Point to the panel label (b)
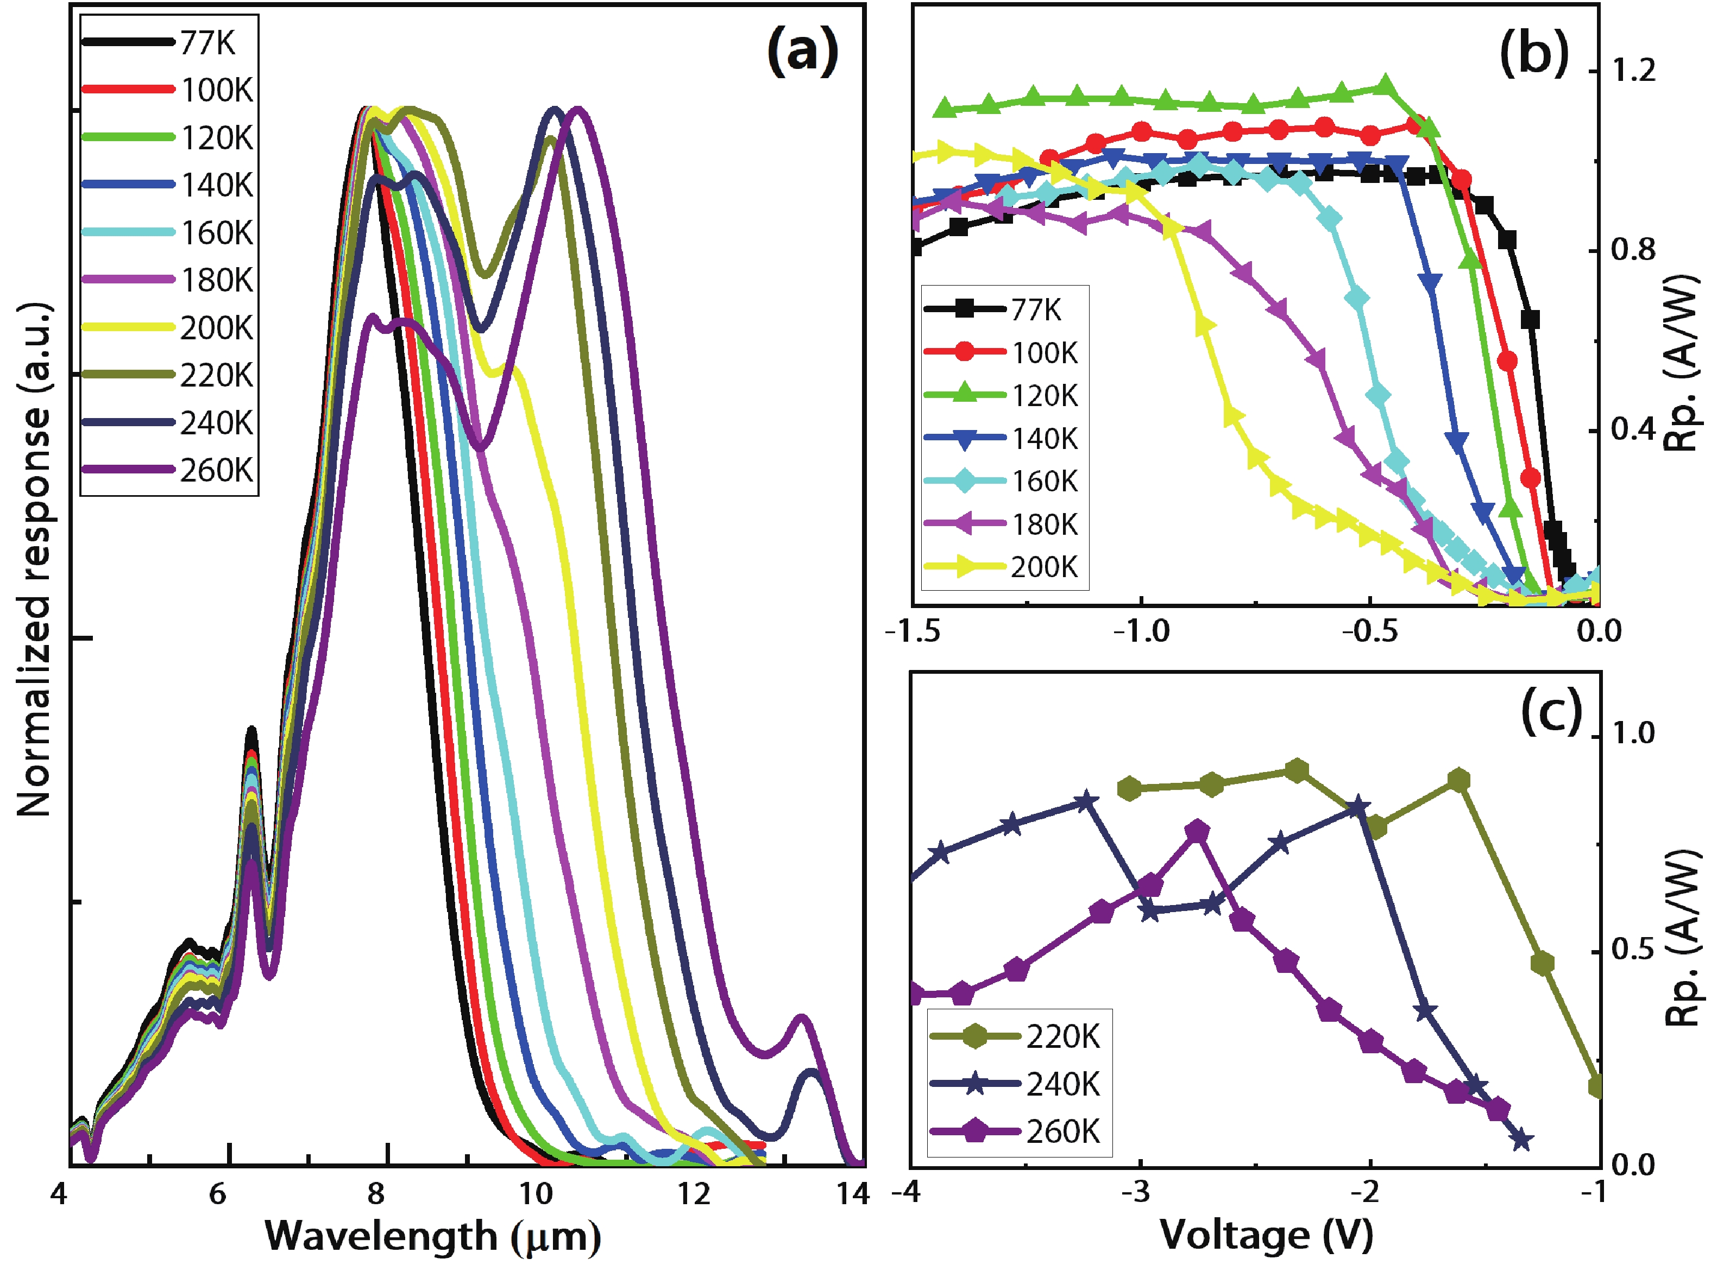tap(1533, 54)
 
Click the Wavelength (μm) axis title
tap(433, 1235)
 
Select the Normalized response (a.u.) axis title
tap(34, 559)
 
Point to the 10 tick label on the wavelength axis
tap(536, 1194)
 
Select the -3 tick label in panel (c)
tap(1140, 1192)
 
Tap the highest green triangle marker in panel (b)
tap(1385, 85)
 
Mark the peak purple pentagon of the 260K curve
tap(1197, 832)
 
